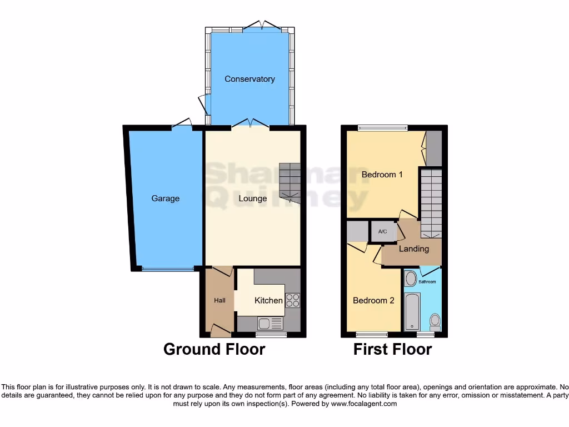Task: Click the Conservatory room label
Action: point(249,79)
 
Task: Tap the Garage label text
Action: point(166,198)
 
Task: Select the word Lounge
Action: point(253,198)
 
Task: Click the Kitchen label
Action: point(268,300)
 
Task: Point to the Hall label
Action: point(220,301)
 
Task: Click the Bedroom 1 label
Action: point(382,175)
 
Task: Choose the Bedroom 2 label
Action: point(373,300)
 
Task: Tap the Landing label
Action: point(413,249)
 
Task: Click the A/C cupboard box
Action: point(383,232)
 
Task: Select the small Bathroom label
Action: point(427,282)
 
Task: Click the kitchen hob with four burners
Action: point(292,300)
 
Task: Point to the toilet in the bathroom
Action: point(435,321)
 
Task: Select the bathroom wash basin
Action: point(411,279)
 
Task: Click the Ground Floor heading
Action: point(214,349)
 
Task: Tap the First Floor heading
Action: point(392,349)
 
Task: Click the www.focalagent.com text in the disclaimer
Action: point(363,404)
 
